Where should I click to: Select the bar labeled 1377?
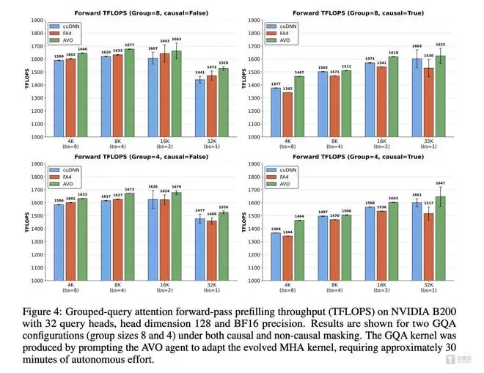pos(276,112)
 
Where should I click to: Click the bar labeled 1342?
pos(287,114)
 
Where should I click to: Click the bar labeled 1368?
pos(276,256)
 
